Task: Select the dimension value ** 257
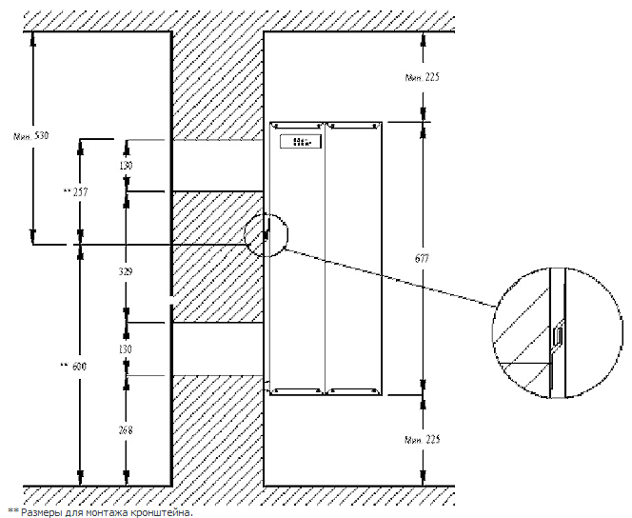tap(74, 192)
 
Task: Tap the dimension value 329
tap(125, 271)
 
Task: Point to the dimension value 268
tap(125, 430)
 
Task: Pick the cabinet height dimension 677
tap(423, 256)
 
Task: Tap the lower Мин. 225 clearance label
tap(422, 440)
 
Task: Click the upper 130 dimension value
tap(125, 166)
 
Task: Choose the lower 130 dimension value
tap(125, 350)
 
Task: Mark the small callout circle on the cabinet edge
tap(266, 233)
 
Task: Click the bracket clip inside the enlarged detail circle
tap(558, 336)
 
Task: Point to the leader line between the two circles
tap(390, 279)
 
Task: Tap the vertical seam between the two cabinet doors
tap(326, 257)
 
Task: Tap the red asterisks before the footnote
tap(12, 510)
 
